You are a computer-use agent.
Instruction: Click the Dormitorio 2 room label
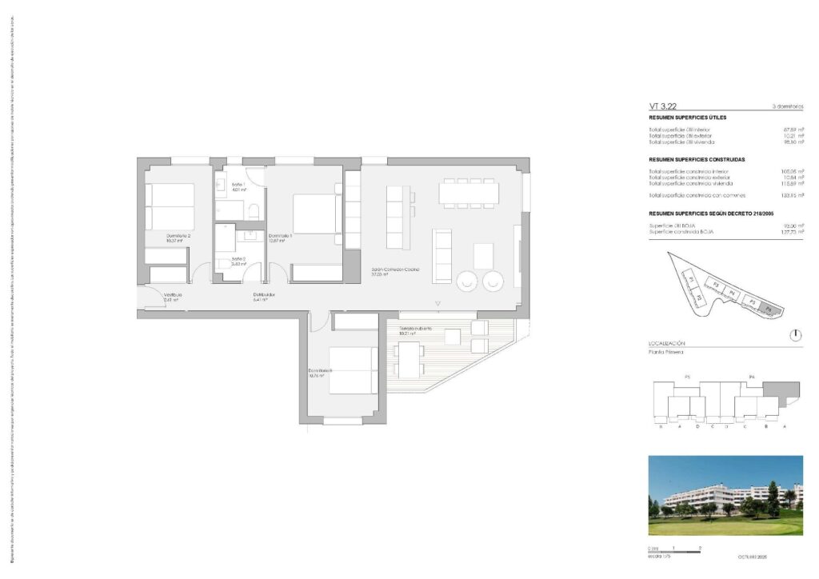(x=178, y=236)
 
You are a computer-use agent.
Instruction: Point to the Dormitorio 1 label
(x=280, y=236)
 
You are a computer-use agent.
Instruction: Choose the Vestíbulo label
(x=174, y=295)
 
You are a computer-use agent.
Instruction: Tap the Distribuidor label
(x=265, y=295)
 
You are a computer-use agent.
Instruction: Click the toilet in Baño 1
(x=253, y=211)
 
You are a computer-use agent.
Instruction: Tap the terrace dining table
(x=409, y=359)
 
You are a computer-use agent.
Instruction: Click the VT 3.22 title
(x=665, y=106)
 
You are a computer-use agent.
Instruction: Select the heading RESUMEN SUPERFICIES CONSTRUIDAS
(x=697, y=160)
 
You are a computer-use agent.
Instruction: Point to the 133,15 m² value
(x=790, y=195)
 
